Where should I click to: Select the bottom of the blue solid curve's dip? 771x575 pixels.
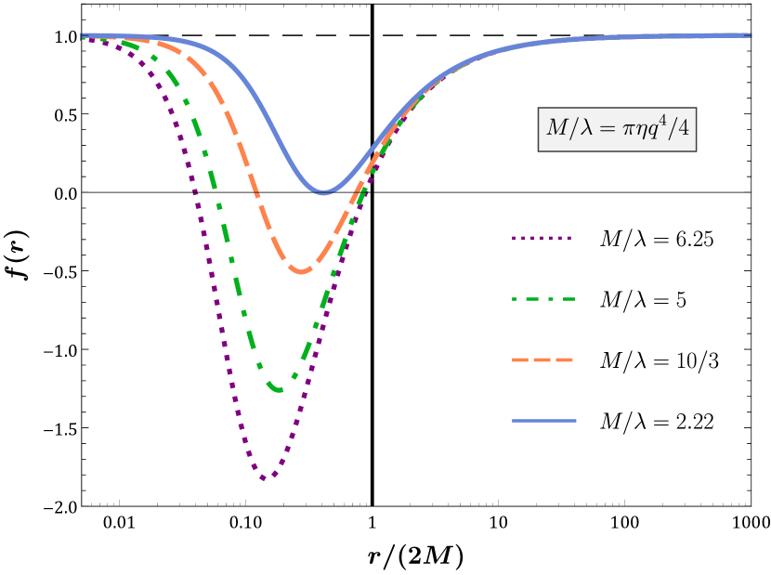pyautogui.click(x=323, y=192)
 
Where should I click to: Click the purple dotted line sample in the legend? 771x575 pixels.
pyautogui.click(x=542, y=239)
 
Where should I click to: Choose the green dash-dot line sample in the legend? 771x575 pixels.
pyautogui.click(x=542, y=299)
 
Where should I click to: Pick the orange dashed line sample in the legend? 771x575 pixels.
pyautogui.click(x=542, y=359)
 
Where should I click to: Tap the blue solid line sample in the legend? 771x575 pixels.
pyautogui.click(x=543, y=421)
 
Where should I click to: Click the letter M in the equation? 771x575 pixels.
pyautogui.click(x=556, y=129)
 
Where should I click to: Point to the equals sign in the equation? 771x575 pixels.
pyautogui.click(x=604, y=130)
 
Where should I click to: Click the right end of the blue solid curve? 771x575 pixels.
pyautogui.click(x=750, y=35)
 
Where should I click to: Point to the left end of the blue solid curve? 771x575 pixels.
pyautogui.click(x=83, y=36)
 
